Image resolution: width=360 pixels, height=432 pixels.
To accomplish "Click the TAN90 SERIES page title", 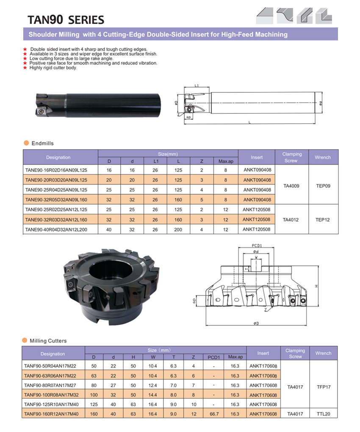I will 65,20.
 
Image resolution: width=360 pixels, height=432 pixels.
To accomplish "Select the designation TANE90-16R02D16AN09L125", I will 56,170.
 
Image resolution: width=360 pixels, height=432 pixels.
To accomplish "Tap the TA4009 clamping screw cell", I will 291,186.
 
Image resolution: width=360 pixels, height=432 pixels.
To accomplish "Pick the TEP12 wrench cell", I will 323,220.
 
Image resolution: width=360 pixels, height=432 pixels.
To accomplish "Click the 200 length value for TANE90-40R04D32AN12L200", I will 178,229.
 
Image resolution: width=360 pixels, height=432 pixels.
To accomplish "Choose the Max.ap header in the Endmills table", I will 226,161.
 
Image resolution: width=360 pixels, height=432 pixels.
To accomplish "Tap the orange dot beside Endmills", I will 26,143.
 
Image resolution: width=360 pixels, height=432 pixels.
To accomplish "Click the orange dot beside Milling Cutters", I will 25,340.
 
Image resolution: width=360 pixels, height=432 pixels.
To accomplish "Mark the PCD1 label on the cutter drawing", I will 257,245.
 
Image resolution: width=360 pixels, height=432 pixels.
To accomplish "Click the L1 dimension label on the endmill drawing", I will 197,86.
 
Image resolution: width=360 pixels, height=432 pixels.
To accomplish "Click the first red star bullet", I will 25,50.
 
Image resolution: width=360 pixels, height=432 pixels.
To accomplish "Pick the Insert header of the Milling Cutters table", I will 263,353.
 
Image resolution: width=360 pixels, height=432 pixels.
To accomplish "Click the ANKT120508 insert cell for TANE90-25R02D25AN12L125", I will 257,209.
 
